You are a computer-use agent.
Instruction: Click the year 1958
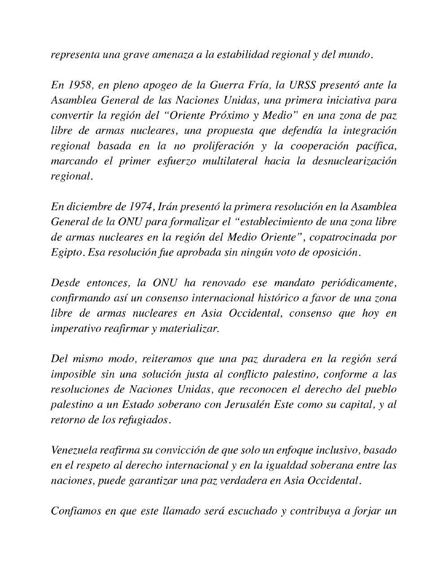tap(77, 85)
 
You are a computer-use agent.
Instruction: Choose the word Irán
tap(167, 207)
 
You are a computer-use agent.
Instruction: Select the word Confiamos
tap(75, 511)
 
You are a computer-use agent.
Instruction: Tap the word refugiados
tap(148, 420)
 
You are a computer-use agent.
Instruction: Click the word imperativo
tap(75, 329)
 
